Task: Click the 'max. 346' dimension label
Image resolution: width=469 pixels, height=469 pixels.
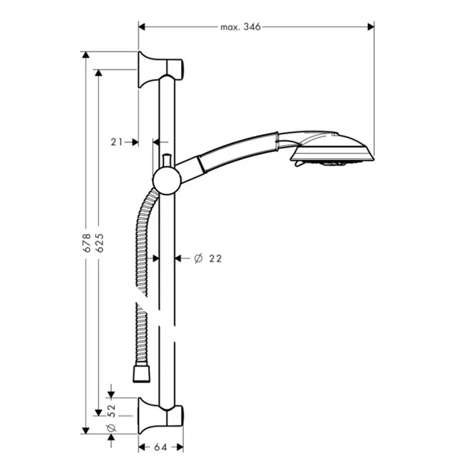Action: [x=241, y=27]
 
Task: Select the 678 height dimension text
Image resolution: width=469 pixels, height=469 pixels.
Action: [x=86, y=243]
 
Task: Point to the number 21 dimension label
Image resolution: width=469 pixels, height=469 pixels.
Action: [x=117, y=142]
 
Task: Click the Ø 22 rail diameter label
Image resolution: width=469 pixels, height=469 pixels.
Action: [x=208, y=259]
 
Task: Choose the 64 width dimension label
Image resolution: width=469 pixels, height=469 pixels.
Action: [x=160, y=448]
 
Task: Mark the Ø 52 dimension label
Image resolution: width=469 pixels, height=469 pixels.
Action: [x=111, y=418]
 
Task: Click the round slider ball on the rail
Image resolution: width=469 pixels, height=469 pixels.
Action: [x=167, y=181]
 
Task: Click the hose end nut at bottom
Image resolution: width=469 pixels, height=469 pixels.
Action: [x=141, y=373]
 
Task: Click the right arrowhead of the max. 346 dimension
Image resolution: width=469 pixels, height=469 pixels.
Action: [x=371, y=27]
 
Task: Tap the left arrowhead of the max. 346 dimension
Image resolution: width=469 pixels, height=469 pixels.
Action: [x=142, y=27]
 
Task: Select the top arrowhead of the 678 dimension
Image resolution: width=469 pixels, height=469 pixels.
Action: [x=86, y=55]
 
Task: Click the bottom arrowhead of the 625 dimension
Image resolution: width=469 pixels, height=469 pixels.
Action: [x=98, y=413]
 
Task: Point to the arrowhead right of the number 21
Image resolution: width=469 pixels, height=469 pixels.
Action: [x=135, y=142]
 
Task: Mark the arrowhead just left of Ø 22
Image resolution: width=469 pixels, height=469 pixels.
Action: [x=179, y=258]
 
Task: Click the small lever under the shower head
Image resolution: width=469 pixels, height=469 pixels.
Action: [x=299, y=163]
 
